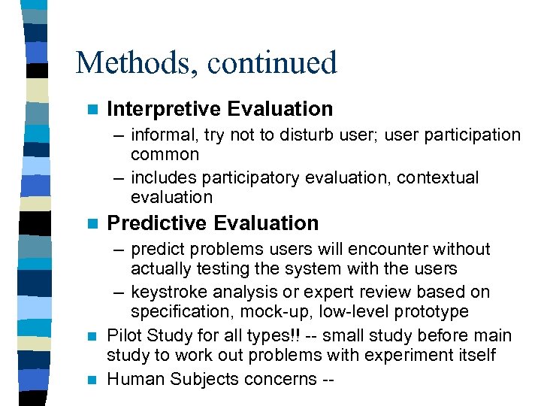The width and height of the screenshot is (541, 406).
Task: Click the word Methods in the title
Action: pyautogui.click(x=131, y=63)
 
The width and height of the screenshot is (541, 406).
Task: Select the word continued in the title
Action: pyautogui.click(x=272, y=63)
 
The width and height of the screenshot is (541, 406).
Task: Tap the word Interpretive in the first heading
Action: pyautogui.click(x=164, y=109)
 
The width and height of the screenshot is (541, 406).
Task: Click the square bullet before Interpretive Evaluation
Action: pyautogui.click(x=92, y=110)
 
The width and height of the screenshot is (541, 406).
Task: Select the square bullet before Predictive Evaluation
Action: pyautogui.click(x=92, y=224)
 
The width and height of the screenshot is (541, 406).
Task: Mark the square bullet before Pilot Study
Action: pyautogui.click(x=92, y=336)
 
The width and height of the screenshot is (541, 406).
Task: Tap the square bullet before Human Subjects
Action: pyautogui.click(x=92, y=380)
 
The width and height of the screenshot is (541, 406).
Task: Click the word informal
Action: pyautogui.click(x=162, y=135)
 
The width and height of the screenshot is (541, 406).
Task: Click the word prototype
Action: pyautogui.click(x=431, y=312)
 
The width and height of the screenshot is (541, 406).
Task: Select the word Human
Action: pyautogui.click(x=132, y=380)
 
